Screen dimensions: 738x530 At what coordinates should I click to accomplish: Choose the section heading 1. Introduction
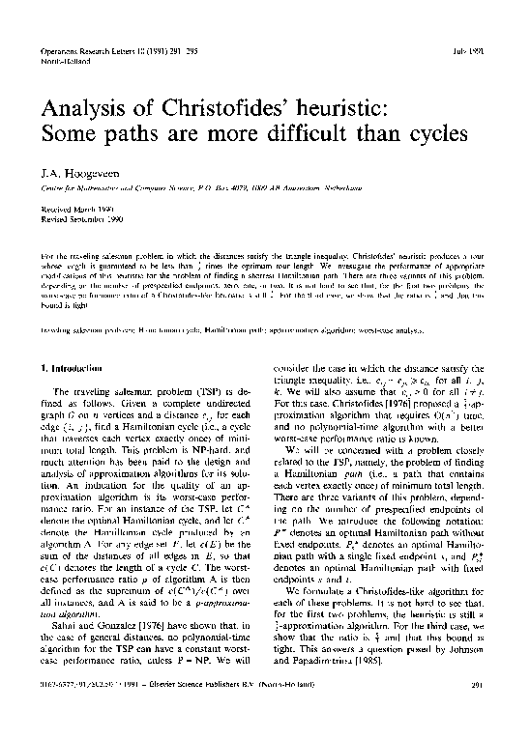pyautogui.click(x=71, y=368)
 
